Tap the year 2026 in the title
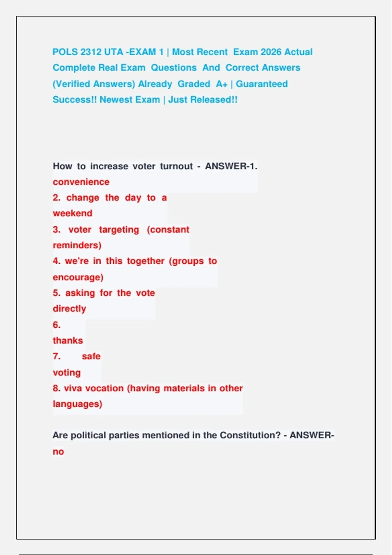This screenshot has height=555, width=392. [271, 52]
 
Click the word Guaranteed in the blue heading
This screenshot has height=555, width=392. [262, 84]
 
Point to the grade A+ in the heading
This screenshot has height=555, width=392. [221, 84]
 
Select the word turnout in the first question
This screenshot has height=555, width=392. [176, 166]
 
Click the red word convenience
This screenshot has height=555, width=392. [81, 182]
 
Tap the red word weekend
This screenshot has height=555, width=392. [73, 213]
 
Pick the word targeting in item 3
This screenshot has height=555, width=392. [119, 230]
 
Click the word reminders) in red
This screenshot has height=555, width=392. [77, 245]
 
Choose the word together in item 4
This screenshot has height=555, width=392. [146, 261]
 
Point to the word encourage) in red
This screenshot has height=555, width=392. [78, 277]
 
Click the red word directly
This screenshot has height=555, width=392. [69, 309]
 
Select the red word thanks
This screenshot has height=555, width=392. [68, 341]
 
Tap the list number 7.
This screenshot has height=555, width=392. [57, 356]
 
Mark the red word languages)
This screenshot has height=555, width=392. [77, 404]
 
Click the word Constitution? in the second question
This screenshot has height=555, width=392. [250, 435]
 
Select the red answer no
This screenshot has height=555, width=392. [58, 452]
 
